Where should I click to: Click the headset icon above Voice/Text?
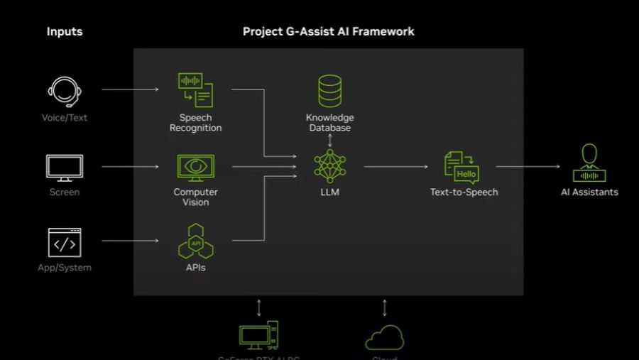click(x=64, y=91)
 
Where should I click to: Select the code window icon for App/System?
click(x=64, y=243)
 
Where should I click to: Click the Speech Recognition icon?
click(x=195, y=90)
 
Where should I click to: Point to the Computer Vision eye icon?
click(x=195, y=167)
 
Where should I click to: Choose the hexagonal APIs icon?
click(x=195, y=241)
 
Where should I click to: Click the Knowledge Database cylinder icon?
click(x=329, y=92)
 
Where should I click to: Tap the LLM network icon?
click(x=329, y=166)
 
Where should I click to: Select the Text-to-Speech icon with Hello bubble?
click(x=462, y=167)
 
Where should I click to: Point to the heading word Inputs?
click(x=65, y=31)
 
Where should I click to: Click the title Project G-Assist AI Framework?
click(x=329, y=31)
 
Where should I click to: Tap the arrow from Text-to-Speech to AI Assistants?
click(x=528, y=167)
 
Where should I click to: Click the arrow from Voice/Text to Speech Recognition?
click(x=130, y=89)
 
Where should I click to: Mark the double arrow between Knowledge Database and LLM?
click(x=329, y=140)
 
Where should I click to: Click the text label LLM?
click(x=329, y=192)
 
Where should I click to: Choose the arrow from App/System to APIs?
click(x=130, y=241)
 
